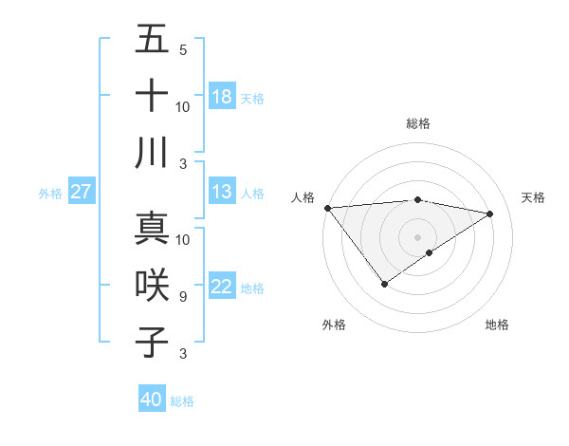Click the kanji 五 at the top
[152, 40]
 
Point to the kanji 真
[152, 229]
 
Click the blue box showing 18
[222, 96]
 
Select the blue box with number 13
[222, 192]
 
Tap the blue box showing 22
[222, 287]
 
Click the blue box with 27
[82, 192]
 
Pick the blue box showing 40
[152, 400]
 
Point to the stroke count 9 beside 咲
[182, 297]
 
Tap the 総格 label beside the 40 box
[182, 401]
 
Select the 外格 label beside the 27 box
[50, 194]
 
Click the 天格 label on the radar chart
[533, 197]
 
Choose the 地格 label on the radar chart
[497, 325]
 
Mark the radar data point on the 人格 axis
[327, 207]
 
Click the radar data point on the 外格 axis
[384, 284]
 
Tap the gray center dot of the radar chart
[417, 236]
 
